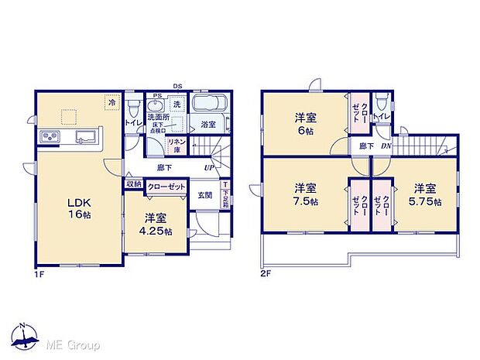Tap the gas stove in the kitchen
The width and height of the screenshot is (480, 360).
pyautogui.click(x=50, y=138)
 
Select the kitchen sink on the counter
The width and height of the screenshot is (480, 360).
pyautogui.click(x=84, y=138)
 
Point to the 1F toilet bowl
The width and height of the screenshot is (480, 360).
pyautogui.click(x=133, y=106)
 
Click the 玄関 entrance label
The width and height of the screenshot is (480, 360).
pyautogui.click(x=205, y=195)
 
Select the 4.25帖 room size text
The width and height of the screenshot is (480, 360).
pyautogui.click(x=157, y=231)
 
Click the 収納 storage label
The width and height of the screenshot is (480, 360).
pyautogui.click(x=133, y=185)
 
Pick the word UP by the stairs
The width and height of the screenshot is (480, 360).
pyautogui.click(x=209, y=167)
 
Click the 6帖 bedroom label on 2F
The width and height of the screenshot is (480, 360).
pyautogui.click(x=303, y=125)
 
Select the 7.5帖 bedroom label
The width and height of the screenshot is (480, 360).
pyautogui.click(x=304, y=193)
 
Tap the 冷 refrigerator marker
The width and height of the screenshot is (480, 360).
pyautogui.click(x=111, y=101)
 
